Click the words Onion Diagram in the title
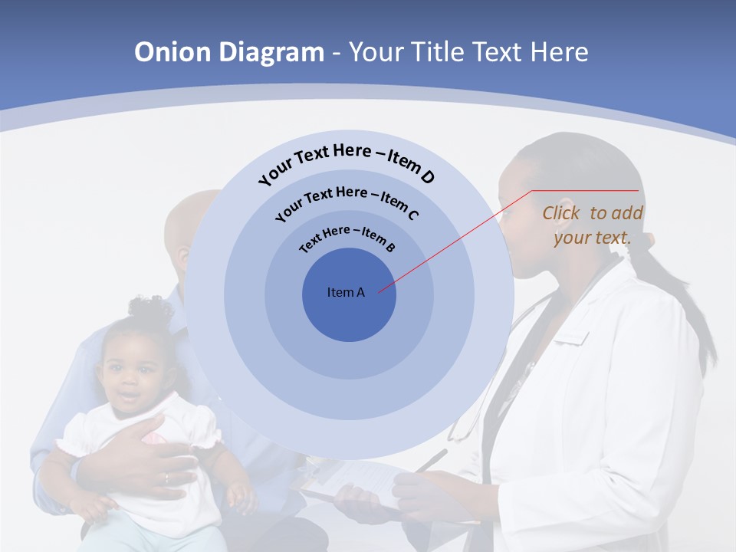[229, 52]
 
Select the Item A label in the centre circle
[346, 292]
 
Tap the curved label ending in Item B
[347, 238]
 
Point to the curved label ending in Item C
[347, 201]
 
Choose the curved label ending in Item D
[347, 162]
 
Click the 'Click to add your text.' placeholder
[593, 225]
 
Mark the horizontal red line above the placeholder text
[586, 190]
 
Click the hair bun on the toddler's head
[149, 309]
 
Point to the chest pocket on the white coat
[571, 337]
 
